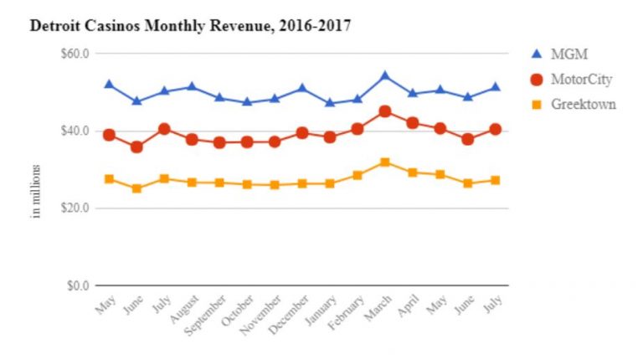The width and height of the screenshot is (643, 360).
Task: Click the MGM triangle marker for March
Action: [x=384, y=76]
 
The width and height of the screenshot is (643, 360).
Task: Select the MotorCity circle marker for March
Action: [x=384, y=111]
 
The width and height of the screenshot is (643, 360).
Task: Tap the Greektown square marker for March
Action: [x=384, y=162]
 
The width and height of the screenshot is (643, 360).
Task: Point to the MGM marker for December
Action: [x=302, y=88]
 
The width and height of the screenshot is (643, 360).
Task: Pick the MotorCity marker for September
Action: [x=219, y=142]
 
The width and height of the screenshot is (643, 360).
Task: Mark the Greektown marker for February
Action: [x=358, y=176]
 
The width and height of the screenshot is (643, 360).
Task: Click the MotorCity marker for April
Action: [x=413, y=123]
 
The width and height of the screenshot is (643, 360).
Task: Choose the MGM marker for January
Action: [x=330, y=102]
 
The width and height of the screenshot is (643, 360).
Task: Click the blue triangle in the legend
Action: [x=537, y=54]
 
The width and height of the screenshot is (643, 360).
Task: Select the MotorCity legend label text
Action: [x=582, y=80]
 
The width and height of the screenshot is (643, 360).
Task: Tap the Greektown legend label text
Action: [x=584, y=104]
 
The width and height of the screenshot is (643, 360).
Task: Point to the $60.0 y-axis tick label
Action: [x=75, y=54]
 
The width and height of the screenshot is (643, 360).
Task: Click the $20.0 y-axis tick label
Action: [x=75, y=208]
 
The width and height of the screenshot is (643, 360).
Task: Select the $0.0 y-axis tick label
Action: [x=79, y=285]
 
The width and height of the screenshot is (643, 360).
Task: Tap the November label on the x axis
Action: [x=261, y=315]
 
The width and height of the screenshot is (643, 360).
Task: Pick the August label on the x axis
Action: [x=185, y=309]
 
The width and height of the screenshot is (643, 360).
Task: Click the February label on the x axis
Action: [x=346, y=312]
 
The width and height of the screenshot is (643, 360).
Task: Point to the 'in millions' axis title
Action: [x=36, y=191]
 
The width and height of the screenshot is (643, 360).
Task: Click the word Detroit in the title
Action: [x=55, y=26]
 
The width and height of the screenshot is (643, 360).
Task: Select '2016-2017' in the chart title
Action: [x=315, y=26]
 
